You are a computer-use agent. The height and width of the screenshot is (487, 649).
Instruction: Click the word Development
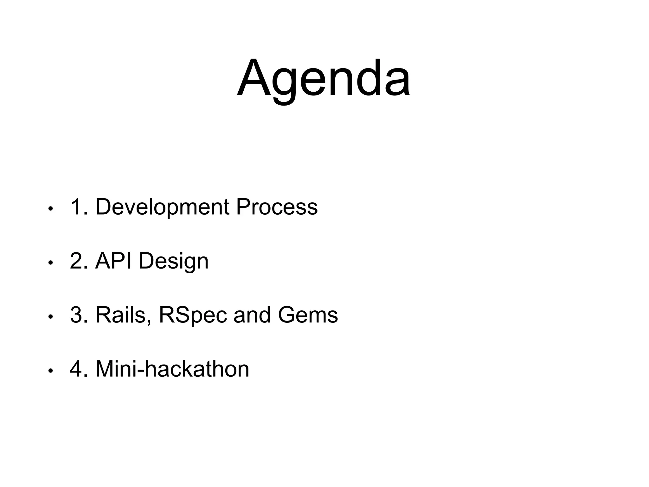tap(162, 207)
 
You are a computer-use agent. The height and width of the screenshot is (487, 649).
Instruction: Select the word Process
tap(277, 207)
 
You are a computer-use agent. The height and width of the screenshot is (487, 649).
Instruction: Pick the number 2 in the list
tap(76, 261)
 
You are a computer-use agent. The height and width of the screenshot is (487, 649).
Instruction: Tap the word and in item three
tap(252, 315)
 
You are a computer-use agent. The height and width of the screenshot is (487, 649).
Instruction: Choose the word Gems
tap(308, 315)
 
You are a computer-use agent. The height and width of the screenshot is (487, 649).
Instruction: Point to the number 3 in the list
tap(76, 315)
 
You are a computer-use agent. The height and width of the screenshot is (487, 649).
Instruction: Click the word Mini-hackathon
tap(172, 369)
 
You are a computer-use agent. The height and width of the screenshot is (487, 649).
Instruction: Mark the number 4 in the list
tap(76, 369)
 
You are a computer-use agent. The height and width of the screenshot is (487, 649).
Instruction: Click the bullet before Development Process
tap(50, 209)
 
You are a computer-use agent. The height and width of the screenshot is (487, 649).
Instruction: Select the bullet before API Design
tap(50, 263)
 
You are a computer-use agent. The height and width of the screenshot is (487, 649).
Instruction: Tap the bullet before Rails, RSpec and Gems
tap(50, 317)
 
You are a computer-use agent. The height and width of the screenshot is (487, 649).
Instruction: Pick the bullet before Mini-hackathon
tap(50, 371)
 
